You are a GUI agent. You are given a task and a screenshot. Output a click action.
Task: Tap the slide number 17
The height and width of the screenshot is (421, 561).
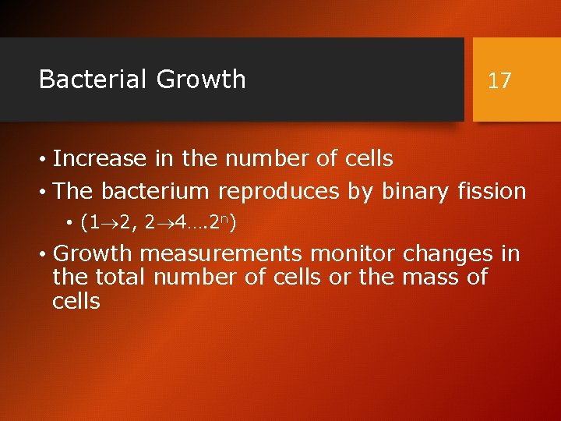pos(499,80)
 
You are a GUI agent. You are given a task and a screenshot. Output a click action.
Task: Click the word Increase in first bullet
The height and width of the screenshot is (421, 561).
pos(99,159)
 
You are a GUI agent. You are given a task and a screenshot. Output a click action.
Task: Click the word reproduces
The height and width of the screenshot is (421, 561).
pos(278,191)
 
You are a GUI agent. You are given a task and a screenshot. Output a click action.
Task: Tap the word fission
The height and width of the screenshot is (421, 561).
pos(492,191)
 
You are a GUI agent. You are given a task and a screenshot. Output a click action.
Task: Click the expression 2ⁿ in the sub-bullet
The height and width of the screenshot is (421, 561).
pos(221,225)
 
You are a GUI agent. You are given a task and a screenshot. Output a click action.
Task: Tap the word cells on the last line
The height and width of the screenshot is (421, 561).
pos(76,301)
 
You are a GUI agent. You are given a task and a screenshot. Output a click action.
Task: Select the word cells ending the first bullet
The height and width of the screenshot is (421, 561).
pos(367,159)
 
